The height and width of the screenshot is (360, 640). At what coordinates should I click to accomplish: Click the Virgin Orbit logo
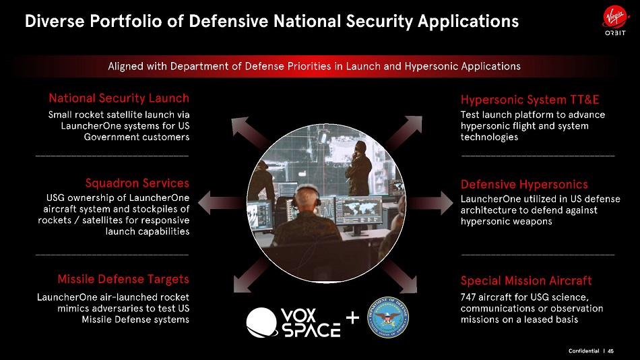[x=615, y=22]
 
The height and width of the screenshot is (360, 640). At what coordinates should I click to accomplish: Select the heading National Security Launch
[x=119, y=98]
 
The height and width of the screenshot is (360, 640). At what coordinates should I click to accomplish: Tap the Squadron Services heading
[x=137, y=183]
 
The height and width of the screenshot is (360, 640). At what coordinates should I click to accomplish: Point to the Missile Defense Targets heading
[x=123, y=279]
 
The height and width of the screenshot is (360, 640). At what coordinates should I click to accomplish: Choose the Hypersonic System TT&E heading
[x=530, y=100]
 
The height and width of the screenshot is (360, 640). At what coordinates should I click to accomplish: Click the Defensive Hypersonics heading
[x=524, y=185]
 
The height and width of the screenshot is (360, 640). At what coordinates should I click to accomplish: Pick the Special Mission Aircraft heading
[x=526, y=280]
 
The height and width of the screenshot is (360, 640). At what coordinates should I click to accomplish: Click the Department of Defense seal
[x=388, y=317]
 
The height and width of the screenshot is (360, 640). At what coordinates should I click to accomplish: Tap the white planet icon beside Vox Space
[x=261, y=322]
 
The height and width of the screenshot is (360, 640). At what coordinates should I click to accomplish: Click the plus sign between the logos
[x=352, y=318]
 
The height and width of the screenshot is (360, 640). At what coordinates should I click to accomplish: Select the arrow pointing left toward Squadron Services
[x=221, y=203]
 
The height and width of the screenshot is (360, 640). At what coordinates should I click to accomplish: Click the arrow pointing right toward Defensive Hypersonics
[x=430, y=203]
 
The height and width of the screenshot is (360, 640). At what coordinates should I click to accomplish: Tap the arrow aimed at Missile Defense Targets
[x=251, y=275]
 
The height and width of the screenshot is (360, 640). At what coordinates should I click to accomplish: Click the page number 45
[x=610, y=351]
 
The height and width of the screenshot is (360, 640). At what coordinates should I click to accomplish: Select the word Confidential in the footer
[x=583, y=351]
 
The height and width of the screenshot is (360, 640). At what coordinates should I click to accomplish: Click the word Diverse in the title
[x=55, y=22]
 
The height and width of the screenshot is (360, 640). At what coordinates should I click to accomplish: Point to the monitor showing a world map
[x=359, y=210]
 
